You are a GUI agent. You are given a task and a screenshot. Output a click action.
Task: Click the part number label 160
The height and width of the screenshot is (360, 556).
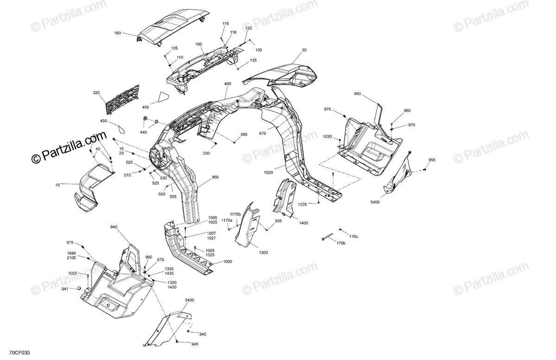point(117,33)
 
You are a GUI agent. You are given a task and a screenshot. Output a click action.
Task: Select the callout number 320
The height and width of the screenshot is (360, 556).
point(96,93)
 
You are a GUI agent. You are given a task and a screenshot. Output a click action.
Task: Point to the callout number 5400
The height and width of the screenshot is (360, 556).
point(190,300)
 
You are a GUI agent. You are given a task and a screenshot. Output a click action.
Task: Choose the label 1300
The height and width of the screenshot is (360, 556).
point(263,253)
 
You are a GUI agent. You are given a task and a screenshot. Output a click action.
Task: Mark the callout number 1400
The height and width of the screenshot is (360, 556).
point(303,223)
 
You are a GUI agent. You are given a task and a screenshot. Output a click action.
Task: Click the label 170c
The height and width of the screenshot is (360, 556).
point(354,236)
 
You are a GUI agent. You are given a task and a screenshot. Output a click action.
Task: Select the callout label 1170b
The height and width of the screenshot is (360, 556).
point(235,214)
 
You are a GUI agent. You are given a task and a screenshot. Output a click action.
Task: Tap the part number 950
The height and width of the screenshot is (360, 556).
point(357,94)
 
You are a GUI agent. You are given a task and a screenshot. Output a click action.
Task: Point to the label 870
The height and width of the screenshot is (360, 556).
point(263,133)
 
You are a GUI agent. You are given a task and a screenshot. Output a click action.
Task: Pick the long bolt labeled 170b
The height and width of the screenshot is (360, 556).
point(330,238)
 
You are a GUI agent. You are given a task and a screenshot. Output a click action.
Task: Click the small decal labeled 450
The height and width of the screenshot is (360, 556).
point(120,126)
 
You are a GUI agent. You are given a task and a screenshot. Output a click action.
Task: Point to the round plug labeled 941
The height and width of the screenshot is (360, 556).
point(79,289)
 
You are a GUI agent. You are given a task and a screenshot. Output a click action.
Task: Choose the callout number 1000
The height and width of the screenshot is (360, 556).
point(227,262)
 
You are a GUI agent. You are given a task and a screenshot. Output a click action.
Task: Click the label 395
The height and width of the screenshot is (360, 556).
point(244,135)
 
